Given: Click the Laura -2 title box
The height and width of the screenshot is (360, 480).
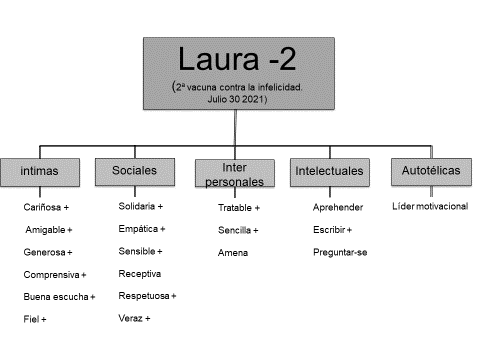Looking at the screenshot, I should (236, 73).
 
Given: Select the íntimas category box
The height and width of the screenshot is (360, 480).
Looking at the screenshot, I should (40, 172).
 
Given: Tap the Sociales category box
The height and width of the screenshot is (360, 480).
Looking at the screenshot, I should (133, 172).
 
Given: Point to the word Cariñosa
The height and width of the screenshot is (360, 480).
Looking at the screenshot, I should (43, 207).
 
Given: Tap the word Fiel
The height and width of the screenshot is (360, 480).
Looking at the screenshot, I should (30, 319).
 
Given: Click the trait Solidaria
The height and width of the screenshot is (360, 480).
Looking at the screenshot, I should (138, 206).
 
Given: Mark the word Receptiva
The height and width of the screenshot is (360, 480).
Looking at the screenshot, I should (139, 273).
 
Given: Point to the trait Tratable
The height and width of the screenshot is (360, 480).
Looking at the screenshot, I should (235, 208).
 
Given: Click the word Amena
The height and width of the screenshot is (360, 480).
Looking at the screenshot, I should (233, 252).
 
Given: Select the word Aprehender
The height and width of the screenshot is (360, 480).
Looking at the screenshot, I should (338, 207).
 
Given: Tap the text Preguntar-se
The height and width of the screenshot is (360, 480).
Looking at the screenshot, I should (340, 252).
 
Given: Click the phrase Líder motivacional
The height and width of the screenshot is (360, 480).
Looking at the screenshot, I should (430, 206).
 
